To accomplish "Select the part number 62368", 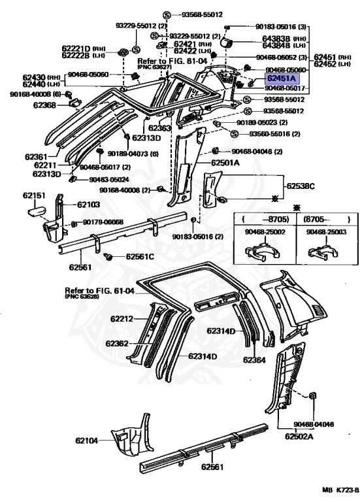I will tap(46, 105).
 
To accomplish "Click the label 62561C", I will tap(140, 256).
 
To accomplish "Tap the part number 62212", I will tap(122, 319).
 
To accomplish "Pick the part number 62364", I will tap(255, 360).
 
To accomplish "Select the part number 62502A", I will tap(298, 435).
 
